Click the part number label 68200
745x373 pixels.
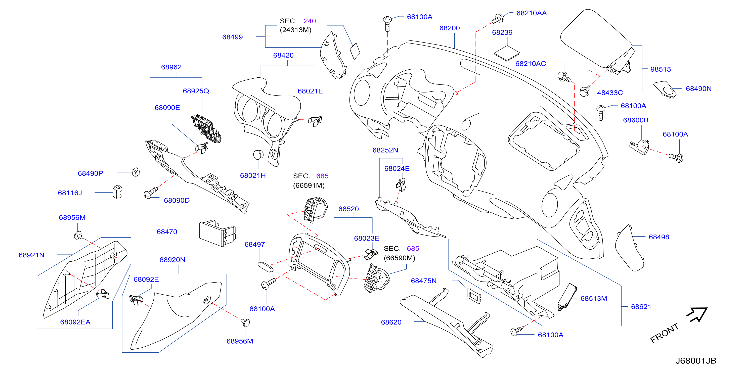[x=449, y=28]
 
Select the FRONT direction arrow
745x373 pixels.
[x=697, y=314]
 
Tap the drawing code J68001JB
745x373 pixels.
[x=695, y=361]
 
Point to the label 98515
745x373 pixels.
[x=660, y=69]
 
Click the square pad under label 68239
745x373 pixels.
[x=507, y=53]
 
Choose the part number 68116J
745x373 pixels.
[x=70, y=193]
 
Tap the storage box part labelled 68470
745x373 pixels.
[x=217, y=233]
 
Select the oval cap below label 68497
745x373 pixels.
[x=265, y=267]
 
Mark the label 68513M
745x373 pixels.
[x=593, y=298]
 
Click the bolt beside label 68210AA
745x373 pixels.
[x=498, y=19]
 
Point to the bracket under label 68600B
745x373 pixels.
[x=639, y=147]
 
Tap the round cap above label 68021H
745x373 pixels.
[x=258, y=155]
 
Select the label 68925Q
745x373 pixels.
[x=196, y=91]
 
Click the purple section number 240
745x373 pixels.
[x=310, y=21]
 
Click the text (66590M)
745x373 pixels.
[x=399, y=258]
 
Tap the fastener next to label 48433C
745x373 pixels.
[x=586, y=91]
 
